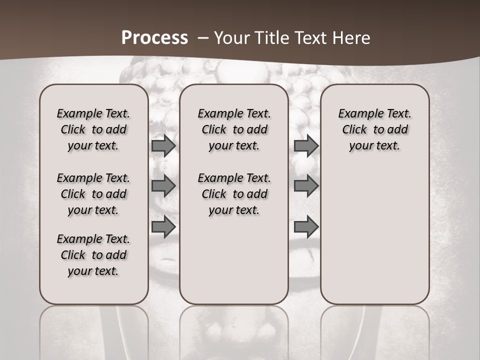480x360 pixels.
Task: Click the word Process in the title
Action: click(x=154, y=38)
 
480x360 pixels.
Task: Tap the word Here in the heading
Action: click(x=352, y=38)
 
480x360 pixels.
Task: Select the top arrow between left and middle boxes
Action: click(x=163, y=145)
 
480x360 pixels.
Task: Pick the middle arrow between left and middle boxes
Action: click(x=163, y=186)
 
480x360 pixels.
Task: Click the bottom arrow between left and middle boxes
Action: click(x=163, y=226)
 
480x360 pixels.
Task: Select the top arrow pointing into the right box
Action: click(x=306, y=145)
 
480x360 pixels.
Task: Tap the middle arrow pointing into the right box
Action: click(x=306, y=186)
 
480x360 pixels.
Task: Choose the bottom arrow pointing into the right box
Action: click(x=306, y=226)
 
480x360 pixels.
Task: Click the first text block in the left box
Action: click(x=93, y=129)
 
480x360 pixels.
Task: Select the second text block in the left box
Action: click(x=93, y=194)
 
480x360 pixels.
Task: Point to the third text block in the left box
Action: click(x=93, y=255)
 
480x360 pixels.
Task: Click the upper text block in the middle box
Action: click(x=234, y=129)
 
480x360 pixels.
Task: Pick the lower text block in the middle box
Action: click(x=234, y=194)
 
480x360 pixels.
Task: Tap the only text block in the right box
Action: click(x=374, y=129)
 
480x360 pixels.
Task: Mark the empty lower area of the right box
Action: click(x=374, y=230)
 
